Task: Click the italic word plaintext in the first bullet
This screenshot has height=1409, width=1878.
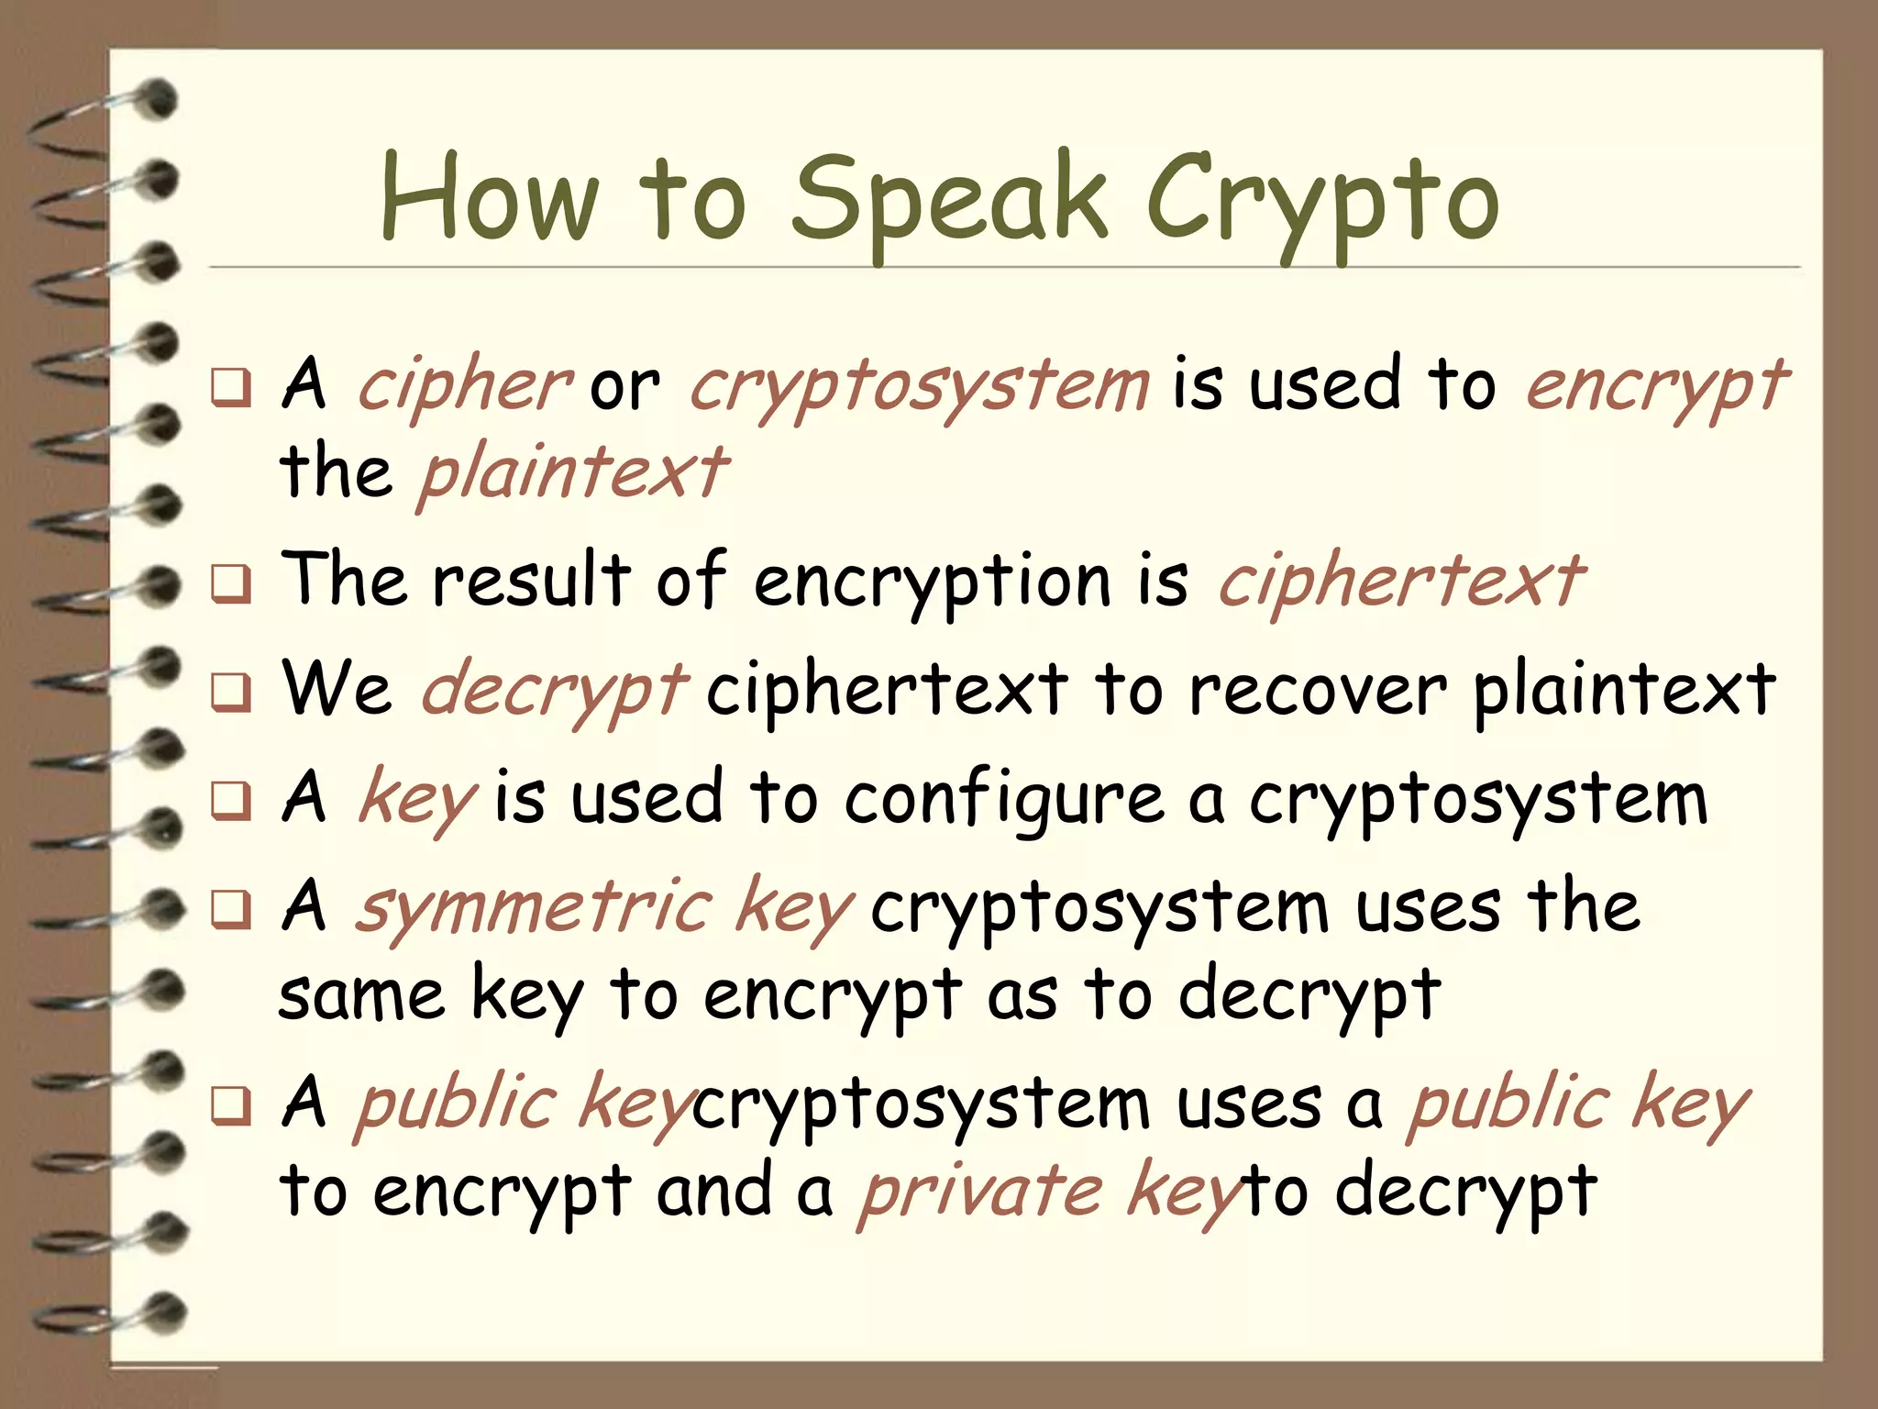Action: click(573, 472)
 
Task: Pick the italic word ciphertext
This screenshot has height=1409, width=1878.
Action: click(1400, 582)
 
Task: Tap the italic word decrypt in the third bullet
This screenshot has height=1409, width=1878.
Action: click(553, 690)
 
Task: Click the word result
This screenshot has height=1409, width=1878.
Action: click(532, 581)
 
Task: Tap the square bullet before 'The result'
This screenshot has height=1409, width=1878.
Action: click(230, 584)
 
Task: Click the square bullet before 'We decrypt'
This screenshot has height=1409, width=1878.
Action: click(230, 693)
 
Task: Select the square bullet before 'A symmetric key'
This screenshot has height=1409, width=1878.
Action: click(230, 911)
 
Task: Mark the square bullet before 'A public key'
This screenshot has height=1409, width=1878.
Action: click(230, 1106)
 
